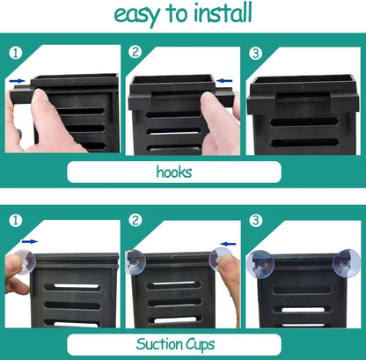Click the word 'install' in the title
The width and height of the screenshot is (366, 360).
point(223,13)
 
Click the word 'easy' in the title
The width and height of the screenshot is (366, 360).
point(137,16)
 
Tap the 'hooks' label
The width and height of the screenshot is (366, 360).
point(174,172)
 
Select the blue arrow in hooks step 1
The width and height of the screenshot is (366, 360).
point(18,81)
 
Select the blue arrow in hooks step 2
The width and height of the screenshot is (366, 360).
point(224,81)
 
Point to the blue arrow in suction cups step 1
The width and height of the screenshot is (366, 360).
point(30,241)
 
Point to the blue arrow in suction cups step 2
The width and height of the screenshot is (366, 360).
point(228,244)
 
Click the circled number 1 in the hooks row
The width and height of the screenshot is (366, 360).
point(16,53)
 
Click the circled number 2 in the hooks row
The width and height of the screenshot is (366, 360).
point(135,52)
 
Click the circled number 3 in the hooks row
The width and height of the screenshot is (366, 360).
point(255,54)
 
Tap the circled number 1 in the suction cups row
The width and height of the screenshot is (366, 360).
point(16,220)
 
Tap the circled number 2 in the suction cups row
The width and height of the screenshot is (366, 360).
point(135,220)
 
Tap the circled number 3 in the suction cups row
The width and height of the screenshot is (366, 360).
point(255,220)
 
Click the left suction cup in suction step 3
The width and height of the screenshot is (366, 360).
point(260,264)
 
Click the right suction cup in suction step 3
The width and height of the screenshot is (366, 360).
point(346,263)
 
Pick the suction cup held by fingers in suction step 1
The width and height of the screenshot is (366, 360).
point(25,261)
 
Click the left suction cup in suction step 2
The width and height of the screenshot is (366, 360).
point(135,261)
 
